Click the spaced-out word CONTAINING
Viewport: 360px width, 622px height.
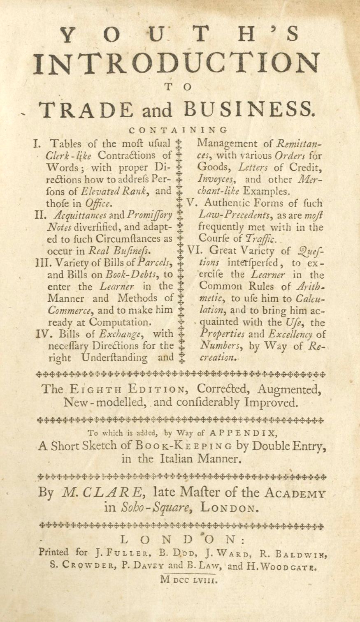pyautogui.click(x=178, y=131)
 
